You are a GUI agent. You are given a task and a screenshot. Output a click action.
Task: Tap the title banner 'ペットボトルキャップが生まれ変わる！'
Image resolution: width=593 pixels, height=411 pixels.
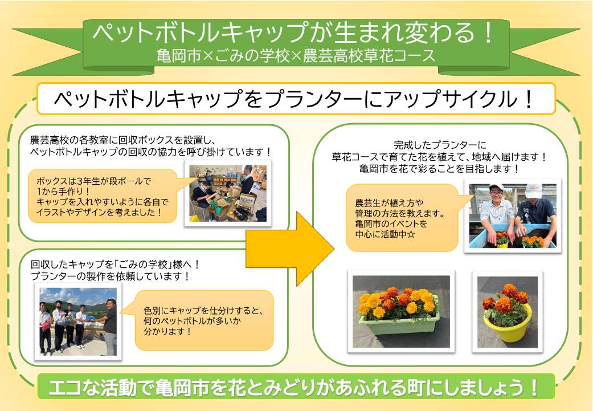pos(293,34)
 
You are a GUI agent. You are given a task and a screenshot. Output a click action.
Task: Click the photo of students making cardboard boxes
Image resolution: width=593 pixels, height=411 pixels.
pos(228,193)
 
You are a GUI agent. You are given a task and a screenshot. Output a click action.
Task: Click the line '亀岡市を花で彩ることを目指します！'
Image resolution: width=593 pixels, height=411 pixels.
pos(440,169)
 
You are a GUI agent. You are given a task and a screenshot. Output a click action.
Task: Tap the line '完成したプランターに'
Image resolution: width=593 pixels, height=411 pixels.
pos(440,145)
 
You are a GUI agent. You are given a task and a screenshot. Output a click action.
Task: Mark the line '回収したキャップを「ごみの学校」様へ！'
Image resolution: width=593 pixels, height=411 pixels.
pos(114,264)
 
